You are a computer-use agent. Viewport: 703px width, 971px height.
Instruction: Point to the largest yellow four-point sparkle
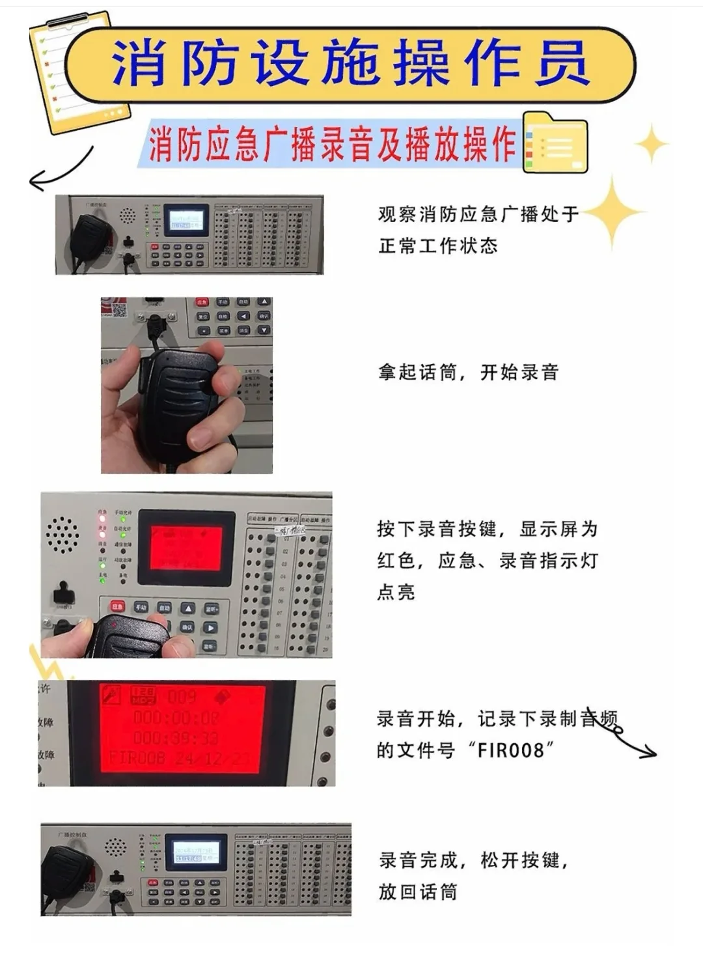[613, 212]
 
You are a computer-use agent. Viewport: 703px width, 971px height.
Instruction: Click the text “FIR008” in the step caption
[510, 750]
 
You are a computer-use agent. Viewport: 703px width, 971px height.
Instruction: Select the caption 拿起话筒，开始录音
[468, 373]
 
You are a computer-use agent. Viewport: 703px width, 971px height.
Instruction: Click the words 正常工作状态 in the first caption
[438, 246]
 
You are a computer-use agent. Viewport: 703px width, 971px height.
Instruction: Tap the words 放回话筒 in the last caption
[418, 892]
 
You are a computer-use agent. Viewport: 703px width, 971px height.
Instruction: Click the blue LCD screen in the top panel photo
[186, 221]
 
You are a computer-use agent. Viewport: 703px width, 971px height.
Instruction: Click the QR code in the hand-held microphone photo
[118, 309]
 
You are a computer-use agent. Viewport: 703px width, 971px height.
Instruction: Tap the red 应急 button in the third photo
[117, 606]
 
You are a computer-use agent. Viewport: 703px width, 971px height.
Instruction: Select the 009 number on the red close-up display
[182, 697]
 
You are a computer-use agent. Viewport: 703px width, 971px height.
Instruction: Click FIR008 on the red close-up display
[137, 758]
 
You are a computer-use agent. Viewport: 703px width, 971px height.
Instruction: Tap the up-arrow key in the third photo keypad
[187, 608]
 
